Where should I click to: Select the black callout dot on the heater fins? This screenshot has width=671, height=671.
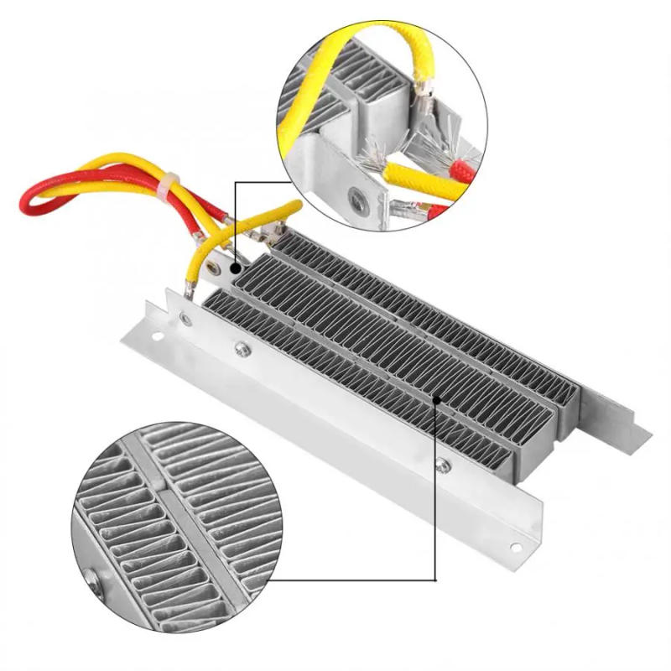click(436, 401)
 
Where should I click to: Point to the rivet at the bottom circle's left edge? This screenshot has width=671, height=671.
click(90, 577)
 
